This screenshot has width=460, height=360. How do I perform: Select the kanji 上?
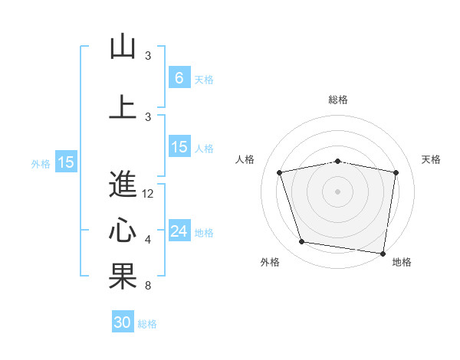coord(123,106)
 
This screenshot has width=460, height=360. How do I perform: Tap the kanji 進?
coord(123,184)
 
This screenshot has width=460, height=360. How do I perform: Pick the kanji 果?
coord(123,277)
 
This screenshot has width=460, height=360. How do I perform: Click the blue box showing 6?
coord(179,78)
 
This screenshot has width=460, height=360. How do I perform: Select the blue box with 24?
coord(179,231)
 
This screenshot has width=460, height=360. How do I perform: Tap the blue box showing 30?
coord(123,322)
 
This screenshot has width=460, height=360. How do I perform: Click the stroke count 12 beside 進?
coord(148,194)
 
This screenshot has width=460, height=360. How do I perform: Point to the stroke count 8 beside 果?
coord(148,286)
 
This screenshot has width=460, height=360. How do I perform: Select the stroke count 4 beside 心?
coord(148,240)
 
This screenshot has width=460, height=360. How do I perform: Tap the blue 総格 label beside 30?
coord(147,324)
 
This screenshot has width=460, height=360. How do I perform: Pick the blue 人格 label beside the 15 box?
coord(204,149)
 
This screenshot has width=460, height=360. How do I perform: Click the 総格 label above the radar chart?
coord(338,100)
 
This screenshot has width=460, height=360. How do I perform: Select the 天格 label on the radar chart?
coord(432,159)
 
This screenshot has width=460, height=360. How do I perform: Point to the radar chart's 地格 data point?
coord(383,253)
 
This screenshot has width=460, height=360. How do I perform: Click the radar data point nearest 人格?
coord(280,172)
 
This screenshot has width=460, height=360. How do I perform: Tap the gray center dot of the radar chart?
coord(338,191)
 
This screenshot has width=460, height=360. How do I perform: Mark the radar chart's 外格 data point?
coord(302,242)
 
